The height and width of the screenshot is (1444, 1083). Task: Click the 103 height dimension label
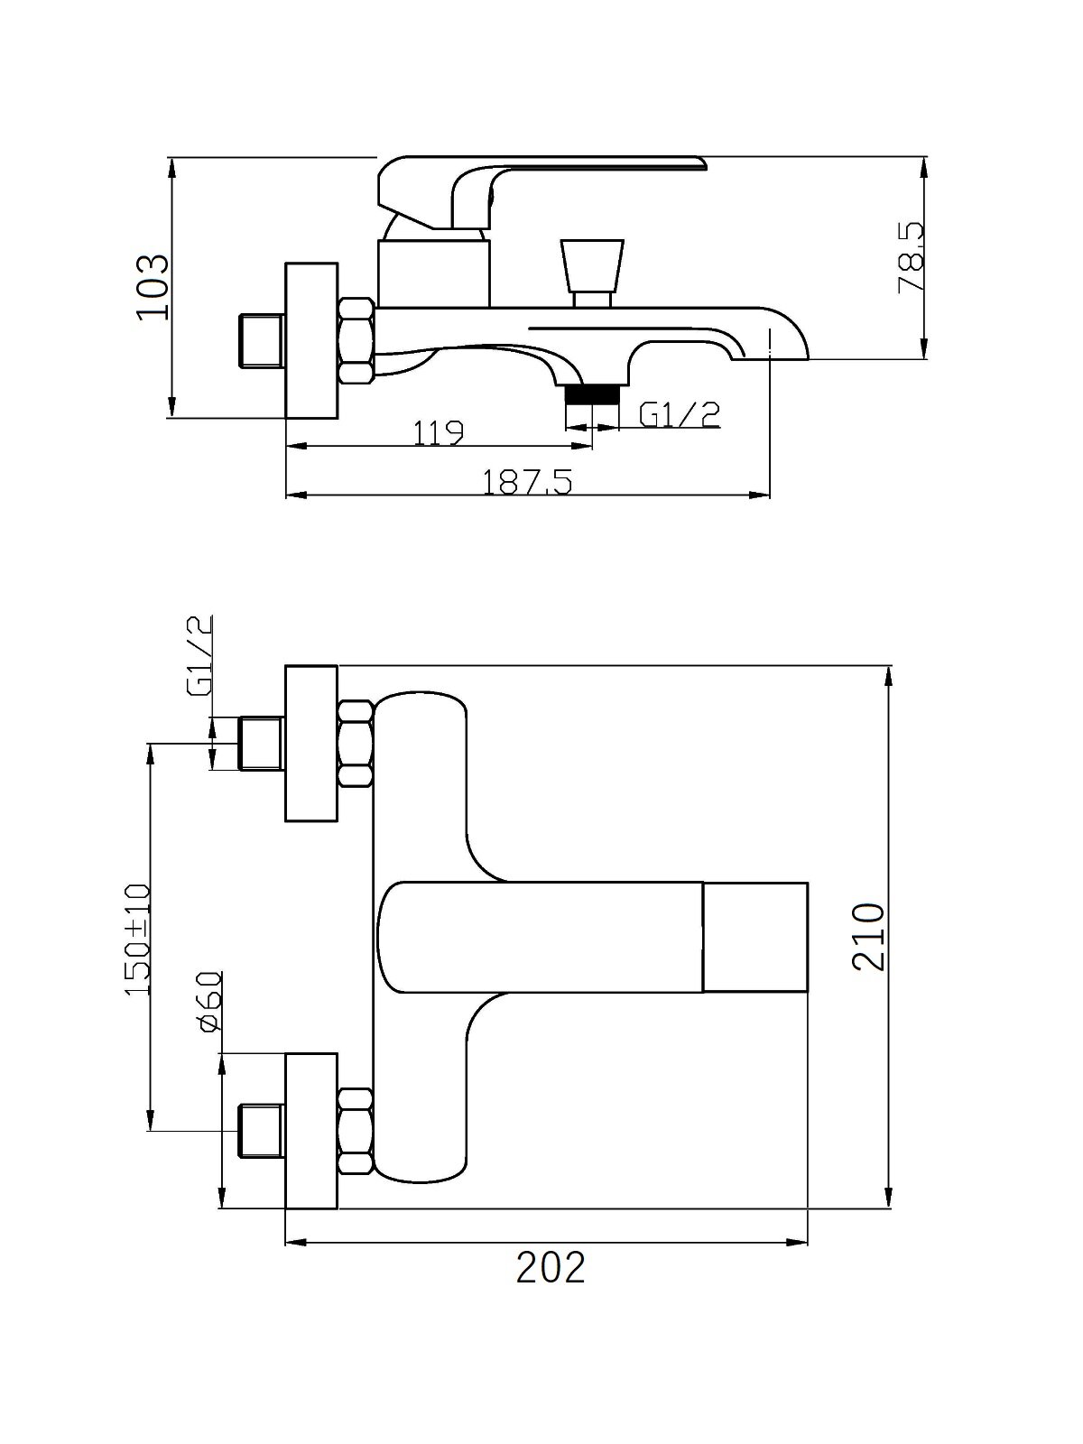click(x=151, y=286)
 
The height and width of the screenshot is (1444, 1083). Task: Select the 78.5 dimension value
click(x=910, y=259)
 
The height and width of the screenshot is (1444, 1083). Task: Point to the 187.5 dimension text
click(x=527, y=482)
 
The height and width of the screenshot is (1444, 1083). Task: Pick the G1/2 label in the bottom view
click(x=199, y=656)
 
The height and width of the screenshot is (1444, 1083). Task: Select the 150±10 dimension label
click(x=136, y=940)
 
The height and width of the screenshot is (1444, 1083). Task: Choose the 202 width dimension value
click(x=551, y=1267)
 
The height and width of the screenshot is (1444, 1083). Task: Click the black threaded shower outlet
click(x=592, y=393)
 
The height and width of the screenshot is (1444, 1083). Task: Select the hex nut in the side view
click(x=356, y=341)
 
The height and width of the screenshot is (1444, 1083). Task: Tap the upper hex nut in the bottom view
click(x=356, y=744)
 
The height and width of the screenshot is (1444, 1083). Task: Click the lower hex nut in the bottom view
click(x=356, y=1132)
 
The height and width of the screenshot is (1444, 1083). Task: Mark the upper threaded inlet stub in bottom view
click(x=262, y=744)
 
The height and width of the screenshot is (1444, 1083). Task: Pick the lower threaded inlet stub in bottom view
click(x=262, y=1131)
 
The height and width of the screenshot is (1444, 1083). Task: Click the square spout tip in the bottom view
click(x=754, y=937)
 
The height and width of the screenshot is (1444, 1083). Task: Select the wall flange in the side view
click(x=311, y=340)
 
